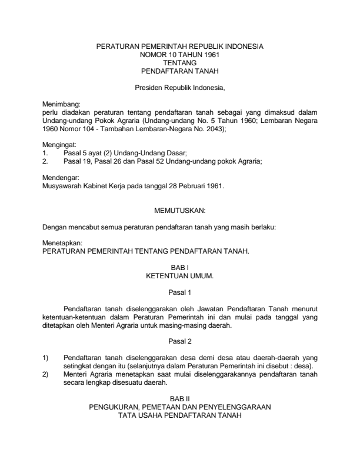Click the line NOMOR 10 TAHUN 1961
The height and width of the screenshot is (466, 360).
[179, 54]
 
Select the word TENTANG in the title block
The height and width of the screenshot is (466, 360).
[179, 62]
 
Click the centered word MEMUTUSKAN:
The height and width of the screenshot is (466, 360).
[179, 209]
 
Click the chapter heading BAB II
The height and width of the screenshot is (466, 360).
[179, 398]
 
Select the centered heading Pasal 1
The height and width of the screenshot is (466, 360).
[179, 292]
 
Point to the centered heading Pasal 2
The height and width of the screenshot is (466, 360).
[179, 341]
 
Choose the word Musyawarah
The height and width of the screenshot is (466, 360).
[66, 185]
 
